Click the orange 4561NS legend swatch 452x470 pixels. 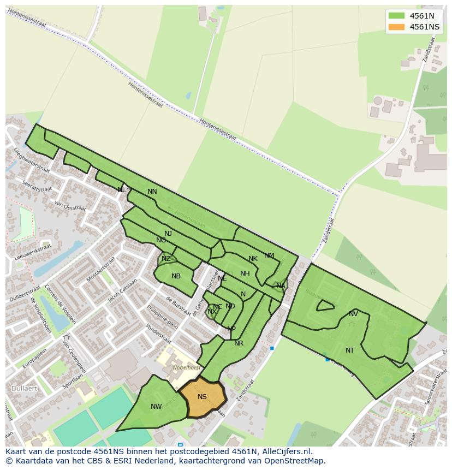pyautogui.click(x=397, y=27)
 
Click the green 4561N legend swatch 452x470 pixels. pyautogui.click(x=397, y=16)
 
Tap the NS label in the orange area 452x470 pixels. pyautogui.click(x=203, y=397)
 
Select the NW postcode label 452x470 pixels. pyautogui.click(x=156, y=406)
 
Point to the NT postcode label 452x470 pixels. pyautogui.click(x=350, y=350)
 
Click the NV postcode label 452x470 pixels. pyautogui.click(x=353, y=314)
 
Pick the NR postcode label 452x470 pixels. pyautogui.click(x=239, y=343)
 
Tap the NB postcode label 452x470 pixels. pyautogui.click(x=176, y=276)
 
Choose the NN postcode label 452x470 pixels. pyautogui.click(x=152, y=192)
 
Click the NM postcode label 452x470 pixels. pyautogui.click(x=269, y=255)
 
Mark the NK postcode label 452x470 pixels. pyautogui.click(x=253, y=259)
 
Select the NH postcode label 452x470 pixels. pyautogui.click(x=245, y=273)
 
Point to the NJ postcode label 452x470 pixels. pyautogui.click(x=168, y=234)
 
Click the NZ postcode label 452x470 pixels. pyautogui.click(x=166, y=259)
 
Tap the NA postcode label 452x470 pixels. pyautogui.click(x=281, y=286)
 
